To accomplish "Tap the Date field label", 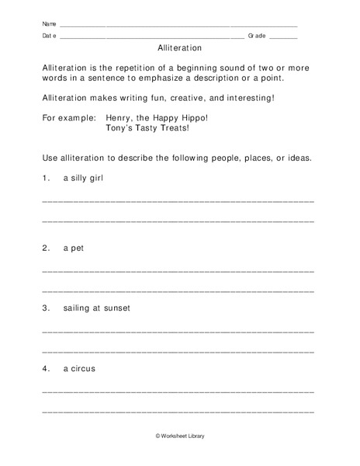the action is [48, 36].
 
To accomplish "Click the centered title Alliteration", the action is [179, 47].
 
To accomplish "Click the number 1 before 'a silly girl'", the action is [45, 178].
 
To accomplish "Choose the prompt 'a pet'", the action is [73, 249].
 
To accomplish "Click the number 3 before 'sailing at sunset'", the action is [45, 308].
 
